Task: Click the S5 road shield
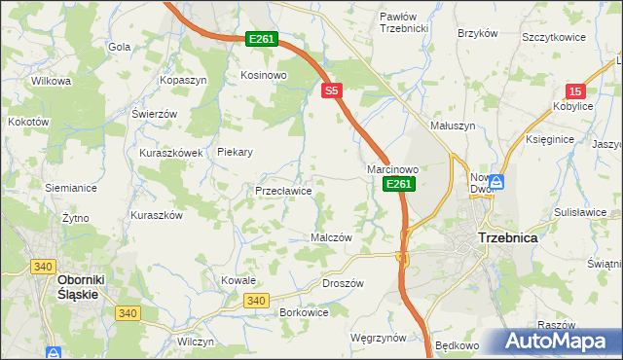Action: [x=332, y=90]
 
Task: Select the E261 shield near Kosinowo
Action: [x=262, y=39]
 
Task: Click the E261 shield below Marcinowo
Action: [x=398, y=183]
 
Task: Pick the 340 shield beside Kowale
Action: [x=256, y=301]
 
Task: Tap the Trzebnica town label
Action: [x=508, y=237]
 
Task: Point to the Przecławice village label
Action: [x=283, y=191]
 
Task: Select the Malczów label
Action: [x=330, y=237]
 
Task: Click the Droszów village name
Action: [x=342, y=283]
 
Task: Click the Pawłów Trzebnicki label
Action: [x=404, y=22]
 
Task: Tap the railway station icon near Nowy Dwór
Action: [x=495, y=181]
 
